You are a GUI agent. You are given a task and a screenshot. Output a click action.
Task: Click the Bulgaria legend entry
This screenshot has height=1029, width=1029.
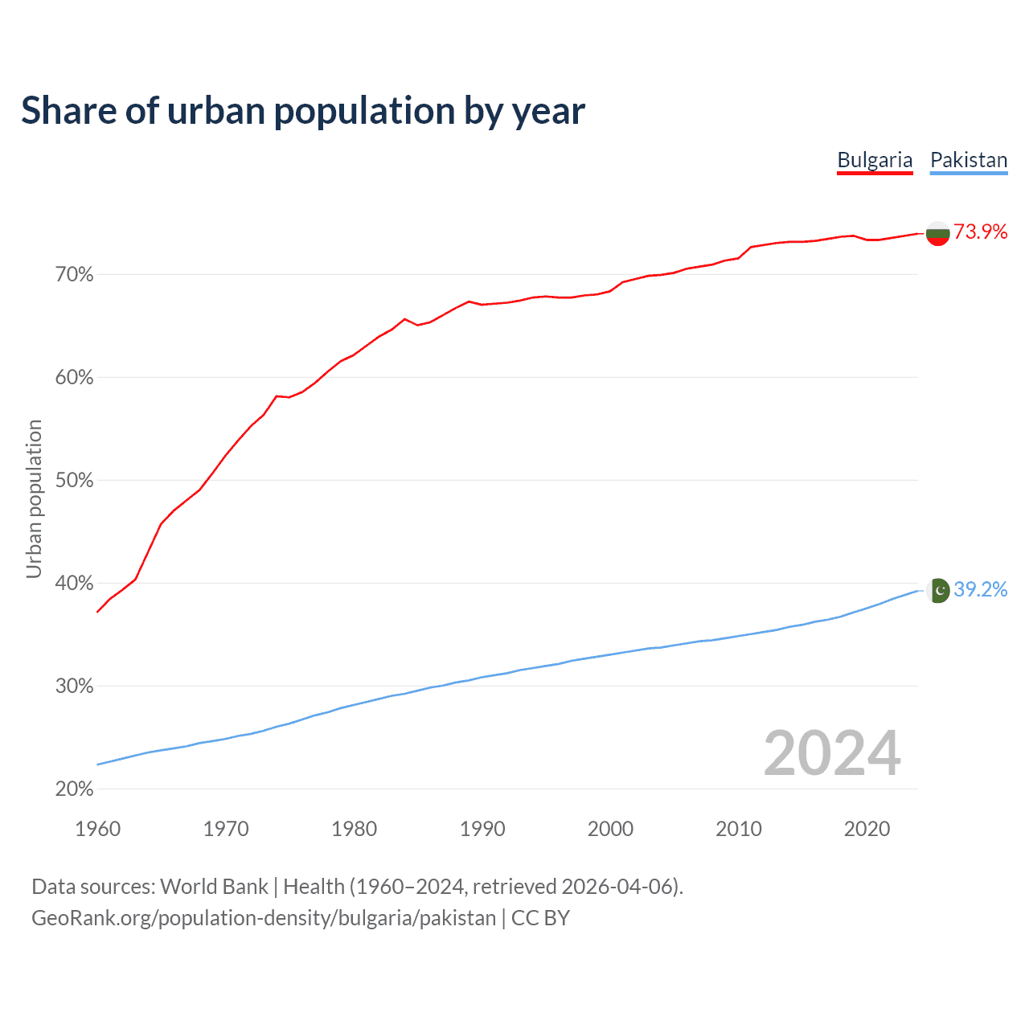[x=875, y=160]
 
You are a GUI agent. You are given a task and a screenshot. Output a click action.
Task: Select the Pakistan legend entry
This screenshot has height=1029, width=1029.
[x=969, y=160]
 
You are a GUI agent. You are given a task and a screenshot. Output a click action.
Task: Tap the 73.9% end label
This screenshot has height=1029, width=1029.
[x=981, y=232]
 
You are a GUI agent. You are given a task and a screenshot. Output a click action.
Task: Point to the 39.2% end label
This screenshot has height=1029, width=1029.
[x=981, y=590]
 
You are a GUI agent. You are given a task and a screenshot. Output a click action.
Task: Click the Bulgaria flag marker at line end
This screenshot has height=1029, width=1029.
[x=937, y=233]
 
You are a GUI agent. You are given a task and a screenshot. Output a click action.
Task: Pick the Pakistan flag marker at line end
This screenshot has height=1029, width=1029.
[x=938, y=591]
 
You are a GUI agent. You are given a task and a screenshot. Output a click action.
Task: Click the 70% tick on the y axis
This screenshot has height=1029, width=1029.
[x=74, y=275]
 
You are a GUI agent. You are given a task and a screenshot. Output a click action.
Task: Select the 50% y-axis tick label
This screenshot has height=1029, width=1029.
[x=74, y=481]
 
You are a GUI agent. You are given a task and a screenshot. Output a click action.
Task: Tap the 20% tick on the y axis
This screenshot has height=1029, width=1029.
[x=74, y=789]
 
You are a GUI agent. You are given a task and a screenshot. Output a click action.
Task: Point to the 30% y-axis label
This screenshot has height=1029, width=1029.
[x=74, y=687]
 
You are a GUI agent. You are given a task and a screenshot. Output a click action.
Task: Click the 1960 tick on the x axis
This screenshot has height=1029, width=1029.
[x=97, y=829]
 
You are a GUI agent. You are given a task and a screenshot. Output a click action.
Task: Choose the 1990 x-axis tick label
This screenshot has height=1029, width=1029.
[x=482, y=829]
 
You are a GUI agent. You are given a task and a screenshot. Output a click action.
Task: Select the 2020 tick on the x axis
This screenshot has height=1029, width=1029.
[x=867, y=829]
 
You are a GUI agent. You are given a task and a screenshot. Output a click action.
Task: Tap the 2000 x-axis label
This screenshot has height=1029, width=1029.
[x=610, y=829]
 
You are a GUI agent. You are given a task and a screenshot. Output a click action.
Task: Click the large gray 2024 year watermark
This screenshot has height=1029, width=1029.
[x=832, y=753]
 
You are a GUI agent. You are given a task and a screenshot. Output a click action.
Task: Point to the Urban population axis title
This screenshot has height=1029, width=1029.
[x=34, y=498]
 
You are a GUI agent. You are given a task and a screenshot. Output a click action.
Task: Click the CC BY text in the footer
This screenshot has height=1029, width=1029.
[x=540, y=918]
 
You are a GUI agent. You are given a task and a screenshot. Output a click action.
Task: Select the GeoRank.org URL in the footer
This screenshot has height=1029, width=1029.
[x=264, y=918]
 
